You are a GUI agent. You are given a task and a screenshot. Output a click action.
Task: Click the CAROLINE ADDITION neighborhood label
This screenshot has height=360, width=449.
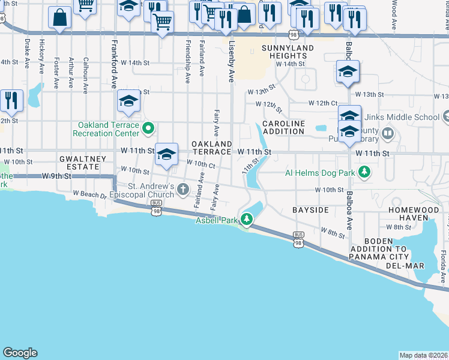tap(284, 127)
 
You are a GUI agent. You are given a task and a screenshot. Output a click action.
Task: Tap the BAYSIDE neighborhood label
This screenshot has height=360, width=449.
tap(310, 211)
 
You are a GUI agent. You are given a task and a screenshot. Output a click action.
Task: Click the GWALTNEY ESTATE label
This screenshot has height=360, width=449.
tap(83, 163)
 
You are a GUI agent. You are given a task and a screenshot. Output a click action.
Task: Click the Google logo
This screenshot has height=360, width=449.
tap(20, 353)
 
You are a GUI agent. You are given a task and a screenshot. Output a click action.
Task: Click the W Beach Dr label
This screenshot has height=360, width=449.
tap(89, 194)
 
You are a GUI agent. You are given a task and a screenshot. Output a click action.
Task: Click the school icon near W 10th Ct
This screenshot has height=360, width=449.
tap(166, 155)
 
